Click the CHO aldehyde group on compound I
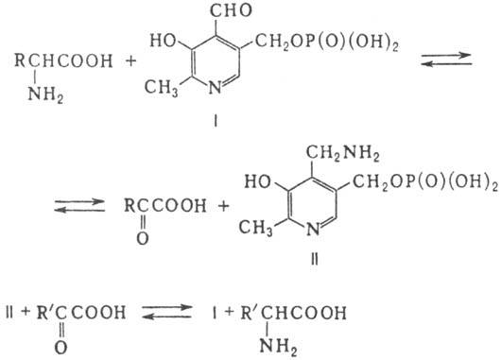tap(231, 10)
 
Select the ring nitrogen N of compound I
tap(215, 87)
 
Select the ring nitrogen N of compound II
tap(313, 229)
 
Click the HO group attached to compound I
tap(164, 41)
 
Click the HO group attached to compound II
tap(258, 182)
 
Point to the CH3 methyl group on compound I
tap(161, 88)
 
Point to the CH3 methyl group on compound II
tap(255, 228)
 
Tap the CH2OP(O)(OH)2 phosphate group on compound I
tap(326, 43)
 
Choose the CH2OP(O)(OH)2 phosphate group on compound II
tap(425, 182)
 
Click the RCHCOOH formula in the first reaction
tap(63, 60)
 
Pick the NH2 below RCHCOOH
tap(45, 94)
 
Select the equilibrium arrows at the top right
tap(446, 60)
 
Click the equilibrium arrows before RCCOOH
tap(79, 206)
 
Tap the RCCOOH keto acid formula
tap(164, 206)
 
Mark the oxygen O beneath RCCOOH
tap(143, 238)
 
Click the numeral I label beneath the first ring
tap(216, 121)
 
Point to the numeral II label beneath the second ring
tap(315, 260)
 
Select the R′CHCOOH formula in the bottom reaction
tap(293, 313)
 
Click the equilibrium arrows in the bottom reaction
tap(166, 312)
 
